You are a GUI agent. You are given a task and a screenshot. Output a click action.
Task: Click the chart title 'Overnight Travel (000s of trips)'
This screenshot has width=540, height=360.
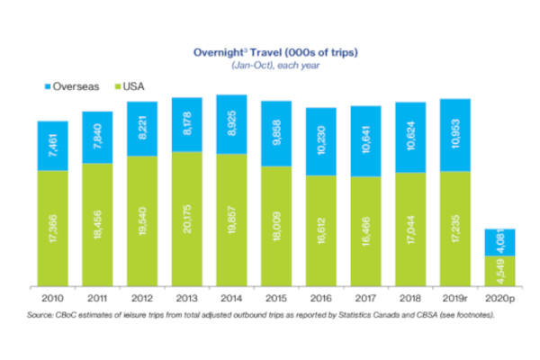[x=270, y=53]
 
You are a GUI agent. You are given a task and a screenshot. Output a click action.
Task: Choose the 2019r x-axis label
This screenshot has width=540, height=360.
[x=456, y=297]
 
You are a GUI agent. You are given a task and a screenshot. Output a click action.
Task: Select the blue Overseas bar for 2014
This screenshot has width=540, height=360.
[x=232, y=123]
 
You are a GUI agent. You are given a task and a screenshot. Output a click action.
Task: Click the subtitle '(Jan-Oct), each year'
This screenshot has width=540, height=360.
[x=270, y=67]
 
